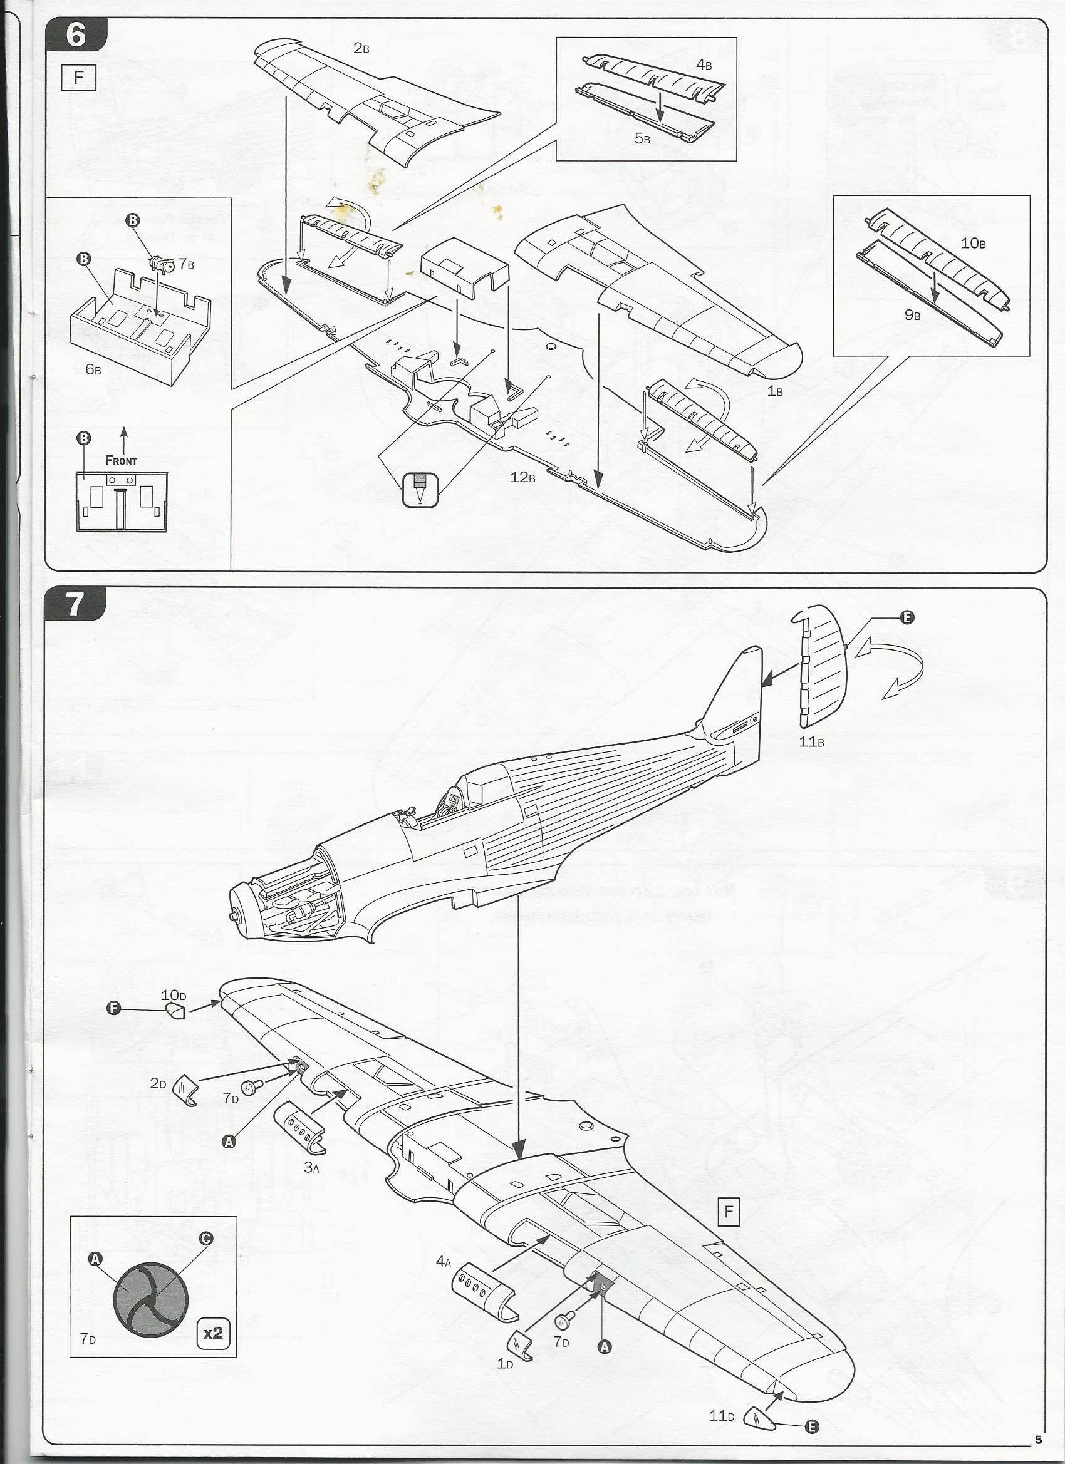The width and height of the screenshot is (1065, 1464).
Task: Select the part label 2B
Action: pyautogui.click(x=361, y=49)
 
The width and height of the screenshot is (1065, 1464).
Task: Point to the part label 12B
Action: pyautogui.click(x=522, y=478)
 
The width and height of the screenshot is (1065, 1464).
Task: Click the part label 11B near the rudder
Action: pyautogui.click(x=811, y=741)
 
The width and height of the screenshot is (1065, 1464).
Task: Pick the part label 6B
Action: pyautogui.click(x=93, y=370)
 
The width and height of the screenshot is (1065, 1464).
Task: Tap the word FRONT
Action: pyautogui.click(x=122, y=461)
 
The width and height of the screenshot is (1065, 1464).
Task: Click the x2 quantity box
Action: pyautogui.click(x=212, y=1330)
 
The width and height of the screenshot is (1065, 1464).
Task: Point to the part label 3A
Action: pyautogui.click(x=312, y=1167)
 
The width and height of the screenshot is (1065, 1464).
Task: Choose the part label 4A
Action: pyautogui.click(x=443, y=1261)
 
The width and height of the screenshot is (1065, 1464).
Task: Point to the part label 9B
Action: pyautogui.click(x=912, y=315)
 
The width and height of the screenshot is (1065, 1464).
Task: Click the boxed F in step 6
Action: pyautogui.click(x=78, y=78)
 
